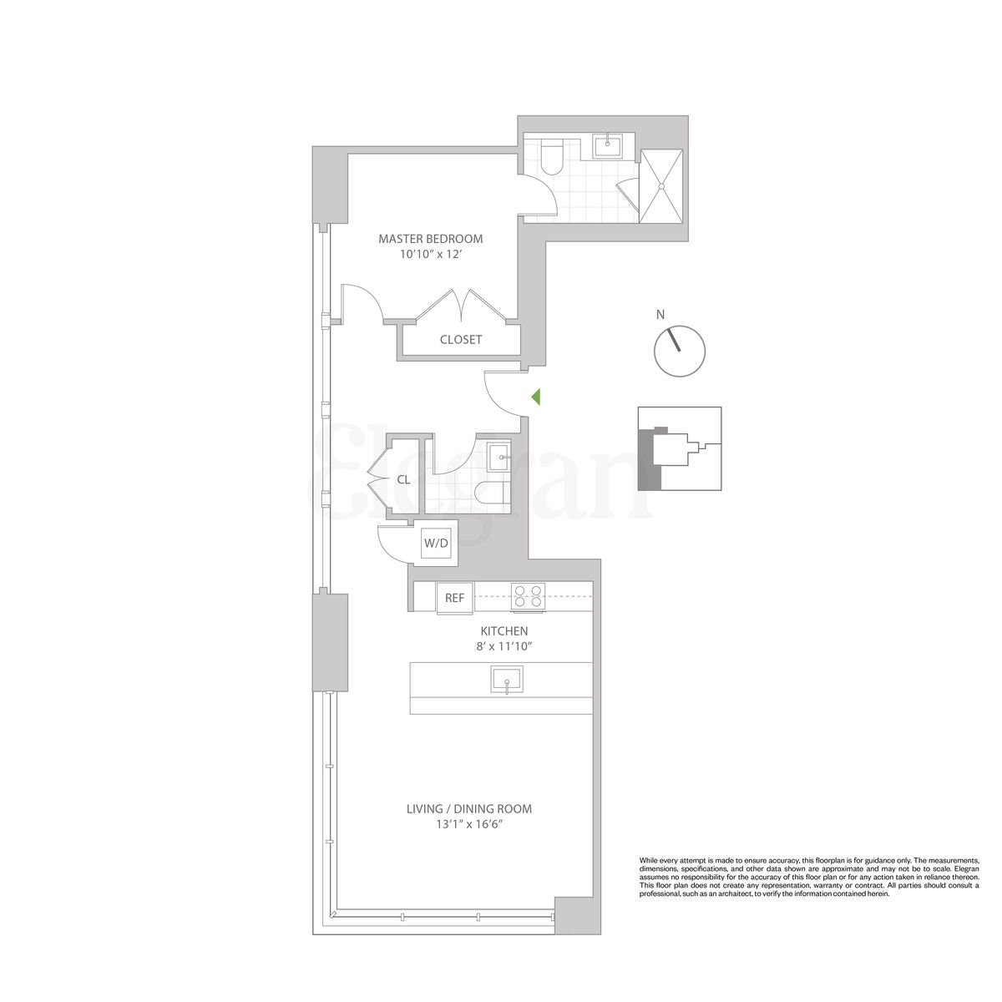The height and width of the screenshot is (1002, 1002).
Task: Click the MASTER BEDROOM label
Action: coord(430,239)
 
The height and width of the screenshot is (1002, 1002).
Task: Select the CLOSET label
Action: coord(461,340)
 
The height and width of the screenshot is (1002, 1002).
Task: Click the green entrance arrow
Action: coord(536,397)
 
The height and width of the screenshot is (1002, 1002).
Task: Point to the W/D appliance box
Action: coord(436,543)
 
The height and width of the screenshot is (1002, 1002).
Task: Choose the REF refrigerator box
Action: coord(454,598)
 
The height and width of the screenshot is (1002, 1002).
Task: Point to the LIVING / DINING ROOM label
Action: coord(468,809)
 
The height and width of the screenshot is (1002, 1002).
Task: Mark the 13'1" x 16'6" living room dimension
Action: coord(468,824)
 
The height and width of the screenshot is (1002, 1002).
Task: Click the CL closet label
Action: coord(403,479)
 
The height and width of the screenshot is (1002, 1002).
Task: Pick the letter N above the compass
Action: coord(660,315)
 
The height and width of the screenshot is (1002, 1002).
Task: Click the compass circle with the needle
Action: coord(680,351)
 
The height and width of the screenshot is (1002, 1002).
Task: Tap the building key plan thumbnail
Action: coord(679,448)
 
